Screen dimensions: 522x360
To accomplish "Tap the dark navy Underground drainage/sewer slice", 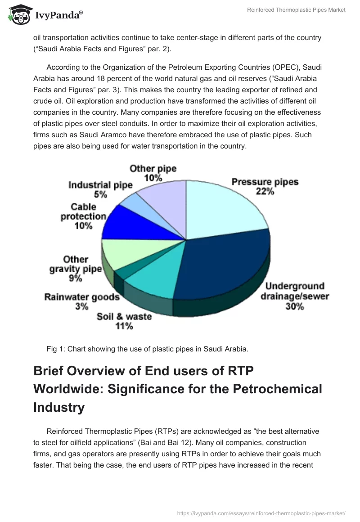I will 220,265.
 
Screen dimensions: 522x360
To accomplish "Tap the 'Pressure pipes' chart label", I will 265,182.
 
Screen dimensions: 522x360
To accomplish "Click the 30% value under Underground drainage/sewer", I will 294,307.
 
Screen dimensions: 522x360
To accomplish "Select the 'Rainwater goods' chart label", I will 82,297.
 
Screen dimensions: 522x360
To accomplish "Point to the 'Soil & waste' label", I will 124,316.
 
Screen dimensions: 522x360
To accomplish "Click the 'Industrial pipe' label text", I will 100,185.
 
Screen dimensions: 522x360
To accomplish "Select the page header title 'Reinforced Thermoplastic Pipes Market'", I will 296,10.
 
